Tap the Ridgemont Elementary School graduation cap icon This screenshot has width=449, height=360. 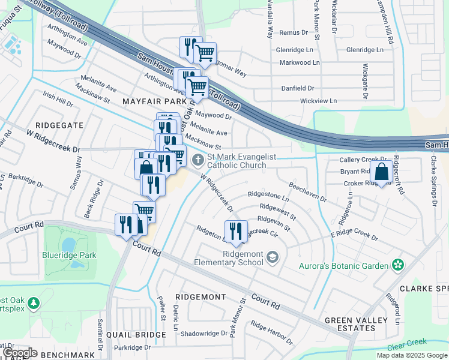click(273, 258)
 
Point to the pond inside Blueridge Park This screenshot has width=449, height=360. click(68, 244)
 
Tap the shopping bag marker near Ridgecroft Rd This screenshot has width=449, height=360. click(382, 172)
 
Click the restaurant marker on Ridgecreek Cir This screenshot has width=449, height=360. click(235, 231)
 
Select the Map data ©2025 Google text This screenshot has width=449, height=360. click(411, 355)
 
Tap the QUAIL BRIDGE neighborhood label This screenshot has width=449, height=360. click(136, 334)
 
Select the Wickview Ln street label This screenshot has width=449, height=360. click(318, 101)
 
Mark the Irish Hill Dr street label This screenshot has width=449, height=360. click(58, 100)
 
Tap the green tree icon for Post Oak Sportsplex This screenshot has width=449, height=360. click(34, 303)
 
